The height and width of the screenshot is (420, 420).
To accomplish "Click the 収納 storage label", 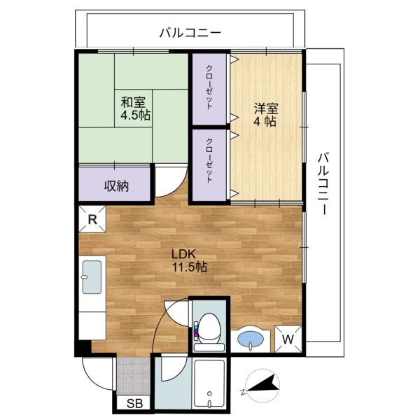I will click(116, 185).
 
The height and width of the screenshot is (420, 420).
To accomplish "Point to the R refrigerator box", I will click(92, 218).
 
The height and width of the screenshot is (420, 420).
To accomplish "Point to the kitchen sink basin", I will click(92, 277).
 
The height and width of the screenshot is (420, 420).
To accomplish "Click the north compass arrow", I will click(264, 384).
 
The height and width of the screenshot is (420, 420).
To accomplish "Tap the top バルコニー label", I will click(190, 31).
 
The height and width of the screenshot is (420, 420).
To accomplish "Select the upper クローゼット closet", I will click(210, 87).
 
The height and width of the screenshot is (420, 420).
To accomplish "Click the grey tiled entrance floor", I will click(133, 377).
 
